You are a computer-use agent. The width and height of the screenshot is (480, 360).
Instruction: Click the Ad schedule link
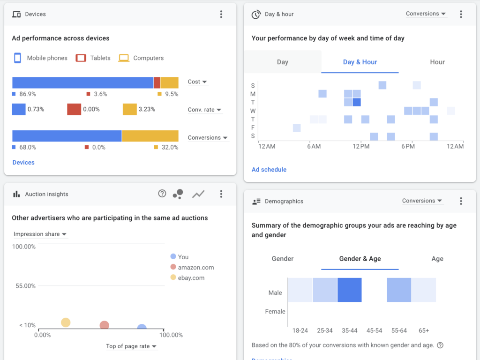[269, 170]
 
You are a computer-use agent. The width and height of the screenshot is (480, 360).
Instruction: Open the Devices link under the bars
[23, 163]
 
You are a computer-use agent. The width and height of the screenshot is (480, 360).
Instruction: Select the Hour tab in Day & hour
[437, 62]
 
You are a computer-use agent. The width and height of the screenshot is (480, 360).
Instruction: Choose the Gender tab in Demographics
[282, 259]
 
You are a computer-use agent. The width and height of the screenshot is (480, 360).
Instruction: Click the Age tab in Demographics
[437, 259]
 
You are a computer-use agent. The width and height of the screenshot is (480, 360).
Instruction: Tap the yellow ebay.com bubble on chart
[66, 322]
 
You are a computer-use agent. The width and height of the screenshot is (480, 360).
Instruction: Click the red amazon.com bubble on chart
[104, 325]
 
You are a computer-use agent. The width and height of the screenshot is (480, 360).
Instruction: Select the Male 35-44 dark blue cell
[349, 290]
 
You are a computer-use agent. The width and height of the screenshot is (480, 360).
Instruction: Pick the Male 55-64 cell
[399, 290]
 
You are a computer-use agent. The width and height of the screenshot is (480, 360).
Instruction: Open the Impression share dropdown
[40, 234]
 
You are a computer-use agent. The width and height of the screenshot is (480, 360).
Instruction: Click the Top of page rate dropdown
[131, 346]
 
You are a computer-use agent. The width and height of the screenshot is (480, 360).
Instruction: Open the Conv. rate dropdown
[204, 110]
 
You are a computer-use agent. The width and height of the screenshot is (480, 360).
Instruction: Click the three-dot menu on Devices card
[221, 15]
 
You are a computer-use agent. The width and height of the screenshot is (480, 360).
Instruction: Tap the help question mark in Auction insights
[162, 194]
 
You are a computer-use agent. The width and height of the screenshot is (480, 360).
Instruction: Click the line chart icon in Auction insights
[198, 194]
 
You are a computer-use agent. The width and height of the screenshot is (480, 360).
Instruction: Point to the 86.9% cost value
[27, 94]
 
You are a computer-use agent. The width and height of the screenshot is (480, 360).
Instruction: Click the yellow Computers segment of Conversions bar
[150, 136]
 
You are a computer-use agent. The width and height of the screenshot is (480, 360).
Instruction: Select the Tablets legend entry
[93, 58]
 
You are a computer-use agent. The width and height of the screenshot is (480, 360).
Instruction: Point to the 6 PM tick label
[408, 147]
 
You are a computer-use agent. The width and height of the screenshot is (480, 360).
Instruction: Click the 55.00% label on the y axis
[23, 286]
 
